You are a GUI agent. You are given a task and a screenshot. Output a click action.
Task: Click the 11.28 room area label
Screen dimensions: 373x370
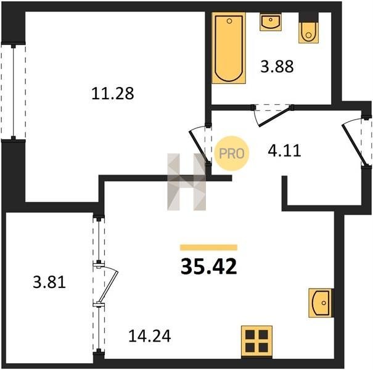tap(113, 94)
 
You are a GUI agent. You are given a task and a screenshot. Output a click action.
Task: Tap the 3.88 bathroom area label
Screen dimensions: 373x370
tap(277, 67)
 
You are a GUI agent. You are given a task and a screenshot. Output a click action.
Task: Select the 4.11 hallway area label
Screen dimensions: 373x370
tap(284, 150)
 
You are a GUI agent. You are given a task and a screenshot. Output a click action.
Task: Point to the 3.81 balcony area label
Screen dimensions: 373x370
tap(49, 282)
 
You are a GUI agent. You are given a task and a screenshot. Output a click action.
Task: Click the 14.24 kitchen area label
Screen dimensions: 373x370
tap(150, 336)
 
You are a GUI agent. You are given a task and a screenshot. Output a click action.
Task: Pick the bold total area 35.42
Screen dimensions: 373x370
tap(208, 266)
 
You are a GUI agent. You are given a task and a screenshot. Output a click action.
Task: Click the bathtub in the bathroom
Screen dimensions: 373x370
tap(229, 48)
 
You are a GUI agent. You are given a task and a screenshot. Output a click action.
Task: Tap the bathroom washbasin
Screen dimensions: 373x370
tap(271, 22)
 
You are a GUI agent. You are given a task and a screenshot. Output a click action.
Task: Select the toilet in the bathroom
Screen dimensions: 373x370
tap(308, 33)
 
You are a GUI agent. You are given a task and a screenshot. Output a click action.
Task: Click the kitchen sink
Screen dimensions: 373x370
tap(320, 303)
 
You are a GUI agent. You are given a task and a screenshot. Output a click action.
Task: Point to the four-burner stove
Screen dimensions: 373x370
tap(256, 341)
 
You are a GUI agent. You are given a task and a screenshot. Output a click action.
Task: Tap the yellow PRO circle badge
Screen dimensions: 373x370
tap(231, 154)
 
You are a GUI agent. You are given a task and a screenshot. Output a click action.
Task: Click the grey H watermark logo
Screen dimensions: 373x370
tap(186, 182)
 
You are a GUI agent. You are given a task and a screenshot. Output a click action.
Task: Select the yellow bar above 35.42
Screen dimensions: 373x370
tap(208, 247)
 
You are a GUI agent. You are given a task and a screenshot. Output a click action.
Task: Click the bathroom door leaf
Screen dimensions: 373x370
tap(275, 117)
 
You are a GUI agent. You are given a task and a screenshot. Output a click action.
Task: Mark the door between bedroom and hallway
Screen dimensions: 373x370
tap(199, 146)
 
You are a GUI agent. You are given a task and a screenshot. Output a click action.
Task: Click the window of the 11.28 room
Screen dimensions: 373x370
tap(14, 92)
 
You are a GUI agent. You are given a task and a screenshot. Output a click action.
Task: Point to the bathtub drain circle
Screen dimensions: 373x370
tap(229, 21)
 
